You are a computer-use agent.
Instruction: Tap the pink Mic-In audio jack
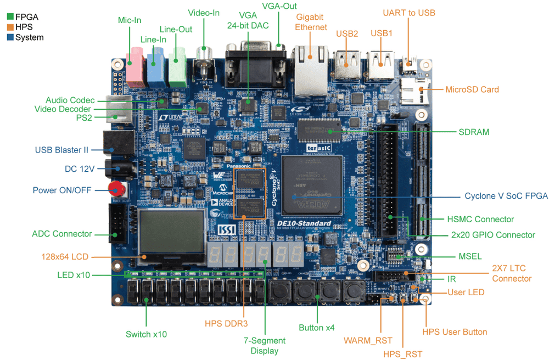pyautogui.click(x=135, y=65)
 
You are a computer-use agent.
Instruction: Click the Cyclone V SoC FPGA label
pyautogui.click(x=506, y=196)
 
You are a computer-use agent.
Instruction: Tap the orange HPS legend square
pyautogui.click(x=9, y=27)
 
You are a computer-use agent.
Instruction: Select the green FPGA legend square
pyautogui.click(x=9, y=17)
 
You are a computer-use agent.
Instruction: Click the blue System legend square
pyautogui.click(x=9, y=37)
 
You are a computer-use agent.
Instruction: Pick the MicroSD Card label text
pyautogui.click(x=472, y=89)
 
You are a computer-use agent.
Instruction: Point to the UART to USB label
pyautogui.click(x=409, y=13)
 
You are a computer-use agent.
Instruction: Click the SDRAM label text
pyautogui.click(x=474, y=132)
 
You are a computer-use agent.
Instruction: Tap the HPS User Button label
pyautogui.click(x=455, y=331)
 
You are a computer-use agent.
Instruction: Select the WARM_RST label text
pyautogui.click(x=368, y=341)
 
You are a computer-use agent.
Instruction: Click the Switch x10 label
pyautogui.click(x=146, y=334)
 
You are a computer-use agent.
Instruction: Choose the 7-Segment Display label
pyautogui.click(x=265, y=346)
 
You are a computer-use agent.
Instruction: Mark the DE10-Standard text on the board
pyautogui.click(x=304, y=223)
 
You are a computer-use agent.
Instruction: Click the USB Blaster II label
pyautogui.click(x=61, y=150)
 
